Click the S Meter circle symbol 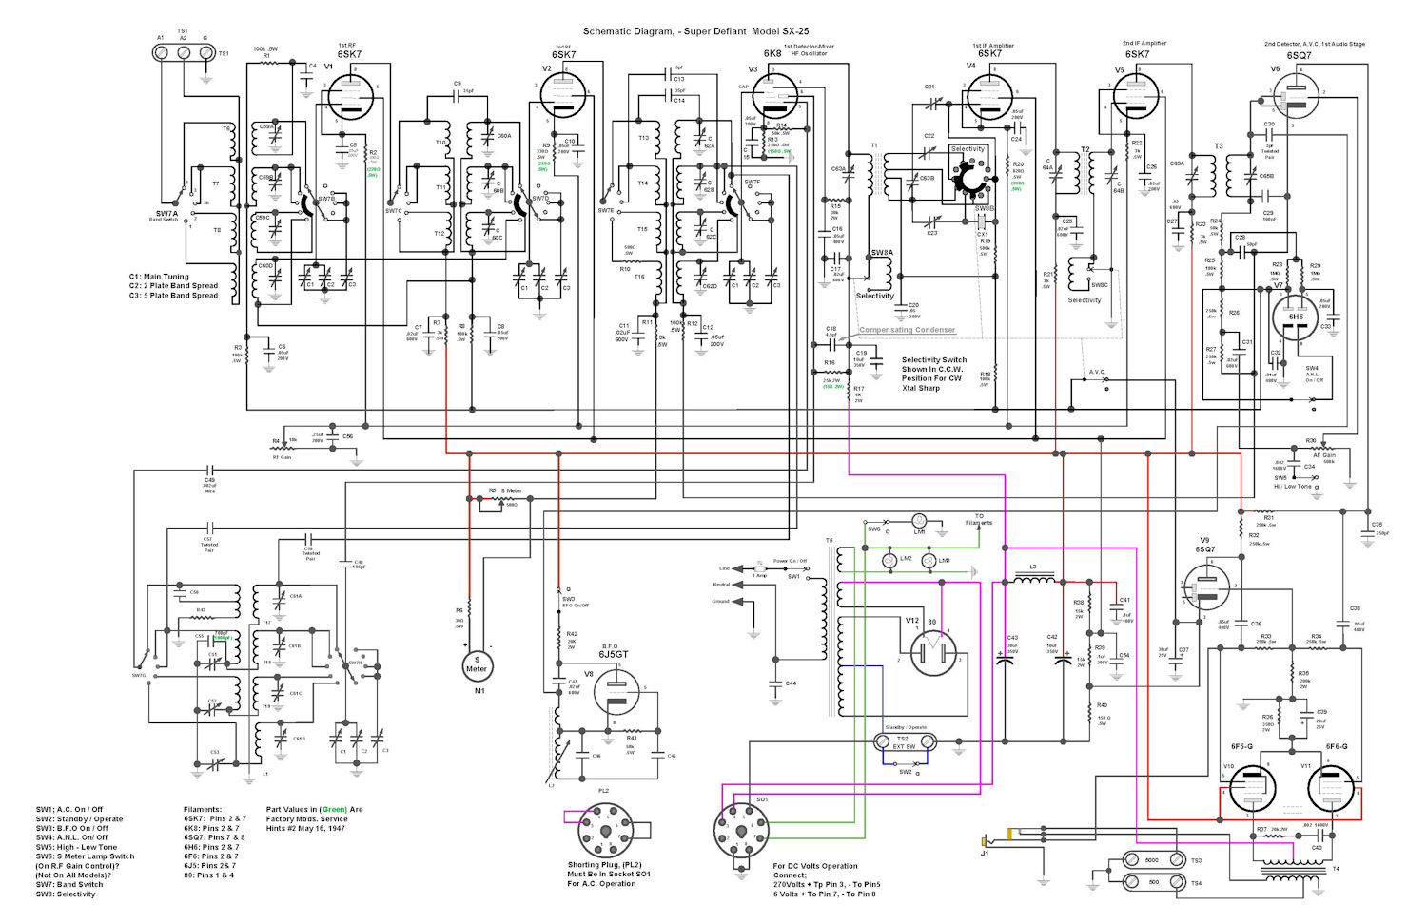click(477, 664)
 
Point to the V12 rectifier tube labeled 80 click(931, 653)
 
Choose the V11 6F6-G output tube click(1329, 789)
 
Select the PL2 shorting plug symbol click(604, 830)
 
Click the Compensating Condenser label click(907, 330)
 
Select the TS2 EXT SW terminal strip click(905, 740)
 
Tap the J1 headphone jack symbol click(989, 840)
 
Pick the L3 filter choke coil click(1033, 579)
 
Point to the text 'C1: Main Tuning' click(159, 277)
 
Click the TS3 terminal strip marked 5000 click(1151, 860)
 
